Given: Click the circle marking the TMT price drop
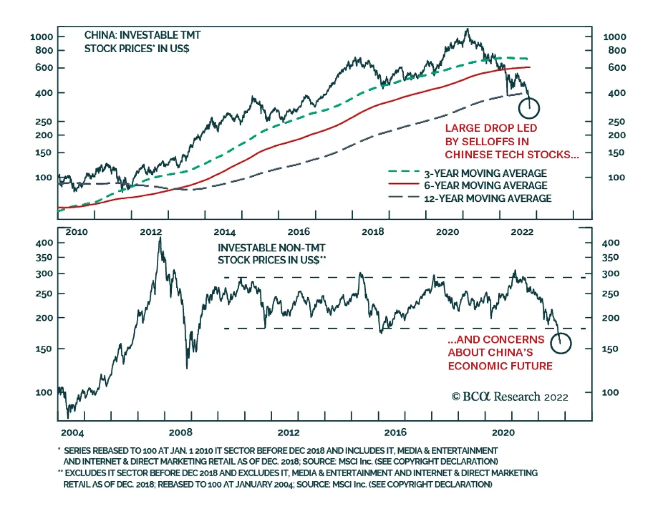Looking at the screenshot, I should (529, 108).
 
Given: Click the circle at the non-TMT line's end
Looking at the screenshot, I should (560, 343).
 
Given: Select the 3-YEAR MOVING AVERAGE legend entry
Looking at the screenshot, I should (485, 173).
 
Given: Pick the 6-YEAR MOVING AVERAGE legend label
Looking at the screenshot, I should (485, 185).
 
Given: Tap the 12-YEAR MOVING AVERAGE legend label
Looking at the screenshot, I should (487, 198).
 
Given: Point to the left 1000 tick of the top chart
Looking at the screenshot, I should (42, 37).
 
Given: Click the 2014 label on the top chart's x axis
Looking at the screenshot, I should (224, 232).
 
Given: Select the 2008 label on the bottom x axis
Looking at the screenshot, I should (180, 433).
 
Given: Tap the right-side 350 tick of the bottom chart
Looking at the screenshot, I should (610, 258).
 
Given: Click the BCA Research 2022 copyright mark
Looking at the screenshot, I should (509, 397).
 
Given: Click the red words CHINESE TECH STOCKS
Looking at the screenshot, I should (511, 155).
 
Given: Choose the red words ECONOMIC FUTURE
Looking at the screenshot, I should (500, 366).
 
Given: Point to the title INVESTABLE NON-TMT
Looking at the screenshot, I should (271, 248).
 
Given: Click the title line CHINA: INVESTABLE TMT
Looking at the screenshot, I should (142, 35).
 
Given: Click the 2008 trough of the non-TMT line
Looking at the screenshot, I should (187, 368).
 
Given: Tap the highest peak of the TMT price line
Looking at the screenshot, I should (468, 29).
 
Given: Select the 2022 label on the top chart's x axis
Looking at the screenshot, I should (522, 232).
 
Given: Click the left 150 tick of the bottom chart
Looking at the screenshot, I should (44, 349).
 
